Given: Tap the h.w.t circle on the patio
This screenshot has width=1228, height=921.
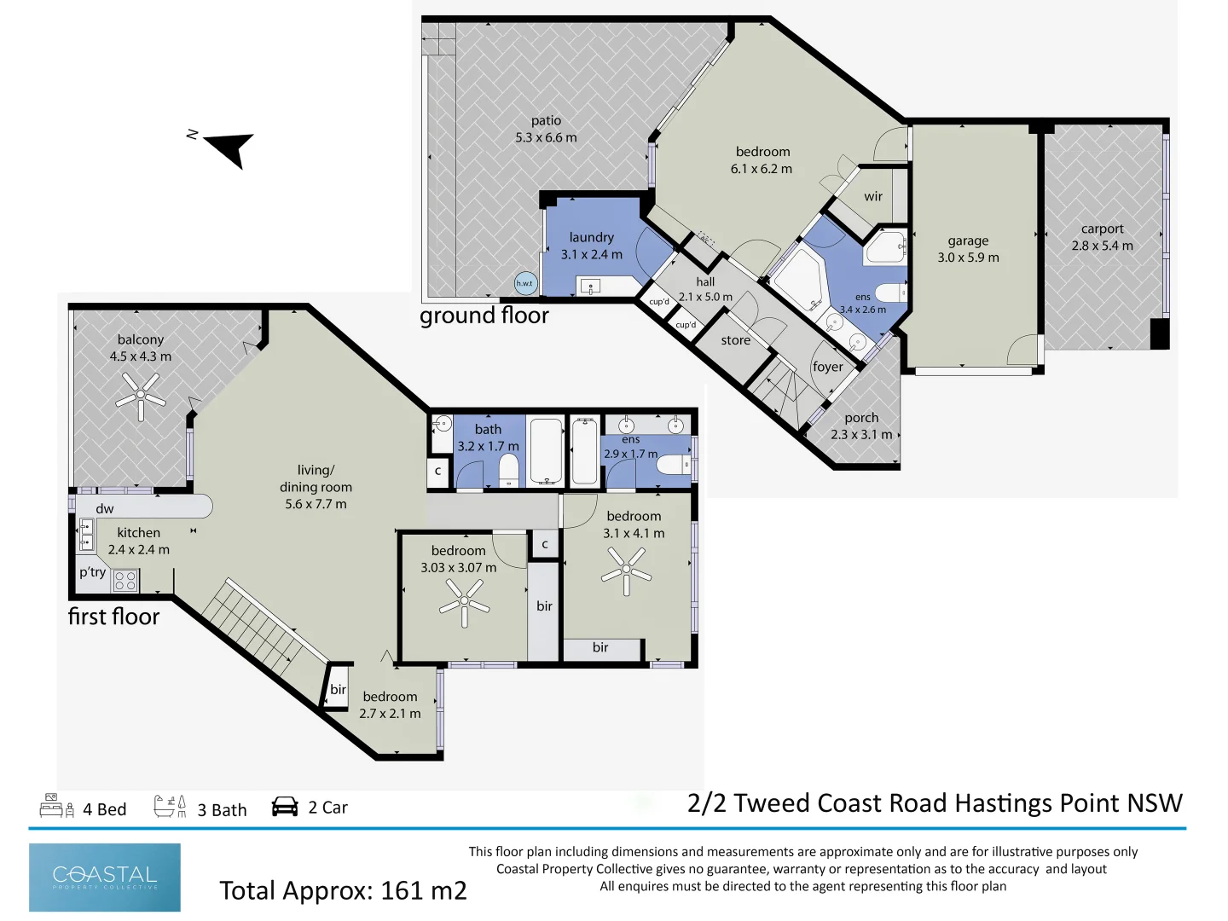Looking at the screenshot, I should pos(525,283).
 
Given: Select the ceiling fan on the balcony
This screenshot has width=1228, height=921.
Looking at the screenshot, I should pos(141,397).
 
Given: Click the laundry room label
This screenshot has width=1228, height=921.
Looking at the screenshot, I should pos(591,237).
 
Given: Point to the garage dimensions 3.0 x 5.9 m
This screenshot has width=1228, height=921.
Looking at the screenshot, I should pos(968,258).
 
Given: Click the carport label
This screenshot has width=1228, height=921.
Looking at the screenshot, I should pos(1102,229).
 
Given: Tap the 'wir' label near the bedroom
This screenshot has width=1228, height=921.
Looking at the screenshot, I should pos(873,196).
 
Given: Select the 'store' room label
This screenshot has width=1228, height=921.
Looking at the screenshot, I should pos(735,340).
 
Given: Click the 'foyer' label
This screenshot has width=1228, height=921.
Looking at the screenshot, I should pos(827,367).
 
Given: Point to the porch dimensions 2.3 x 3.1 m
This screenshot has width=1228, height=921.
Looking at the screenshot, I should pos(861,435).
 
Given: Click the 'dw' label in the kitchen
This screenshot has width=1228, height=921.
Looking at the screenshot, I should pos(105,509).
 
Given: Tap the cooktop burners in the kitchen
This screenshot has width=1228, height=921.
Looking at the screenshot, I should pos(125,581).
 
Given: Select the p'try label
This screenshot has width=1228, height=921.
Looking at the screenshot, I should pos(92,572).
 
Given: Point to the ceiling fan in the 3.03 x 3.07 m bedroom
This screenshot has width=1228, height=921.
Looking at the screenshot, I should pos(464,601).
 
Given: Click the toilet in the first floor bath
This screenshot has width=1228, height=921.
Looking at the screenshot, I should pos(509,470).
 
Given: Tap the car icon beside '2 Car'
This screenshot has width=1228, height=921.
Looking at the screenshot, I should pos(285,807).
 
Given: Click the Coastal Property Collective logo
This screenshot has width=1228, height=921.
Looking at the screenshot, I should pos(105,878).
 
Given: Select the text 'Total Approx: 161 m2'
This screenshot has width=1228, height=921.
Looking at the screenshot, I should pos(343,890).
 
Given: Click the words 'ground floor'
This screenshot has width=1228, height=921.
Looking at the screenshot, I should pos(484,316).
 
